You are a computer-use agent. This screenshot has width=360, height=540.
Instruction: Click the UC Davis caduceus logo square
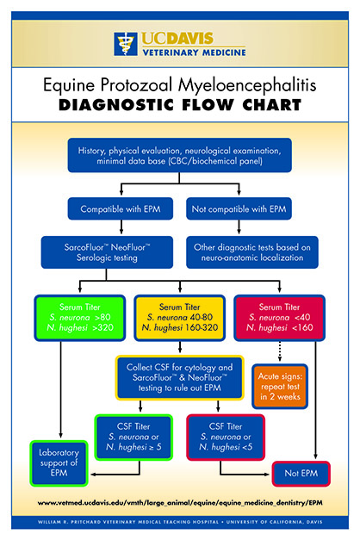[126, 44]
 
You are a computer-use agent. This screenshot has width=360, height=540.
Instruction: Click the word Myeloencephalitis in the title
[247, 84]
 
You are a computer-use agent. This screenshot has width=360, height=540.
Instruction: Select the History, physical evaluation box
[179, 155]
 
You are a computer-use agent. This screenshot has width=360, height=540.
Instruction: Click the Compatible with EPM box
[121, 208]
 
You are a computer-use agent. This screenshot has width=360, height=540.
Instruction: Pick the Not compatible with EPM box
[239, 208]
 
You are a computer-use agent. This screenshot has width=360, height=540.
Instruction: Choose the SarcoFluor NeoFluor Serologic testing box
[107, 252]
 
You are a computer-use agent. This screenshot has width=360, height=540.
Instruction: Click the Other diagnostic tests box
[252, 252]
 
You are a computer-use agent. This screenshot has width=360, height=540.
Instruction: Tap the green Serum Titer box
[79, 318]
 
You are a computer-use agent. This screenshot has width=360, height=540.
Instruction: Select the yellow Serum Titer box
[179, 318]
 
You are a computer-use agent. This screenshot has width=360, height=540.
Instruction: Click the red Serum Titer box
[279, 318]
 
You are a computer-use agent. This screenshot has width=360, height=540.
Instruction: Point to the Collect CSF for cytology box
[179, 377]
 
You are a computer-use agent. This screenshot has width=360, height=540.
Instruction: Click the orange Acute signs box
[280, 387]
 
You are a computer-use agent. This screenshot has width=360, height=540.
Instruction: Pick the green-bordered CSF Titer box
[133, 437]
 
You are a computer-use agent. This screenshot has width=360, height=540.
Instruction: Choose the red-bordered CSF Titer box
[226, 437]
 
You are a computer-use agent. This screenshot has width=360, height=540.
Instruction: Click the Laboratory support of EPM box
[59, 463]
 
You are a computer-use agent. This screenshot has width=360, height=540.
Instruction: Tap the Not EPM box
[301, 474]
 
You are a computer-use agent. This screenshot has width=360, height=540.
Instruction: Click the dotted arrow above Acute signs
[279, 351]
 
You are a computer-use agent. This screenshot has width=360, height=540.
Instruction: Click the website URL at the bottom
[180, 503]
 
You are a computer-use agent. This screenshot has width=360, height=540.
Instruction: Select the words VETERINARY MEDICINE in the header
[195, 53]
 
